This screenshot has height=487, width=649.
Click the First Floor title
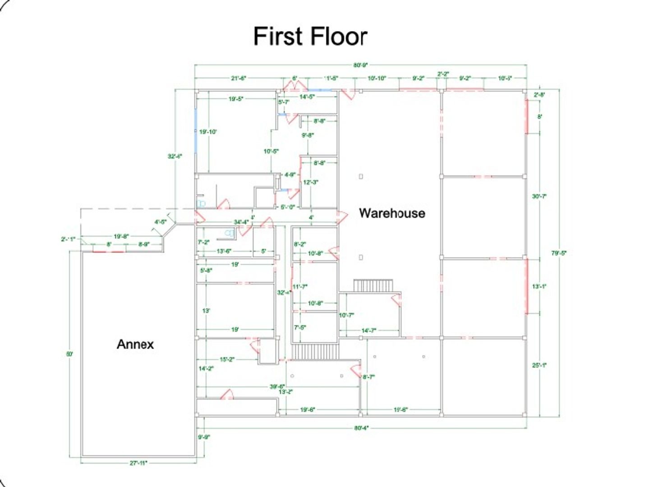pos(310,36)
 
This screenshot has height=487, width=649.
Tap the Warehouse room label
pos(391,213)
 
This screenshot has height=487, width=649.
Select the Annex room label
pos(135,345)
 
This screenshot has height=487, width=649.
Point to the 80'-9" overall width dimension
pos(360,65)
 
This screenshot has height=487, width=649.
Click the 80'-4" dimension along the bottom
pos(361,427)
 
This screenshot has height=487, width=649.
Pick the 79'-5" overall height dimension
pos(558,253)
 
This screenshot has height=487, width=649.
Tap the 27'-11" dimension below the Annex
pos(138,463)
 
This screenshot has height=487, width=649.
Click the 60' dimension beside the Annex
pos(69,354)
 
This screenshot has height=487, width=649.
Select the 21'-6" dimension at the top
pos(238,78)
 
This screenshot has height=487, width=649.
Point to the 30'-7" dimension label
pos(539,196)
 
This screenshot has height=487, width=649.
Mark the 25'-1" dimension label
pos(539,365)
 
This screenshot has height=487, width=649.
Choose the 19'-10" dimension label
pos(208,132)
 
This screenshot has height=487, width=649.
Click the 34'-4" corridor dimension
pos(241,222)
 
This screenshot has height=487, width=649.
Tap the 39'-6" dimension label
pos(277,386)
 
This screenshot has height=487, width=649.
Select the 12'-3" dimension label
pos(310,182)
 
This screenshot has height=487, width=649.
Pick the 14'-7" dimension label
pos(368,331)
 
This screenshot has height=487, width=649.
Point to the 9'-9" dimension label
pos(204,436)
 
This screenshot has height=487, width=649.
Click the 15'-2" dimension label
pos(226,359)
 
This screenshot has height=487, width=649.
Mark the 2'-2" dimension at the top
pos(443,74)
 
